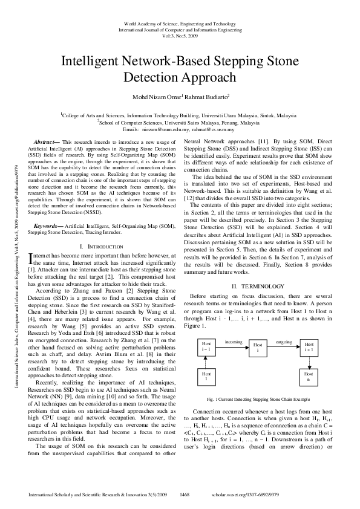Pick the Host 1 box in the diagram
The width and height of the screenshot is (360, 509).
pyautogui.click(x=206, y=378)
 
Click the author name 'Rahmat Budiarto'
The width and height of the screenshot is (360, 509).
pyautogui.click(x=203, y=97)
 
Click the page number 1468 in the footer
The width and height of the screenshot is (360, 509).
pyautogui.click(x=185, y=494)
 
